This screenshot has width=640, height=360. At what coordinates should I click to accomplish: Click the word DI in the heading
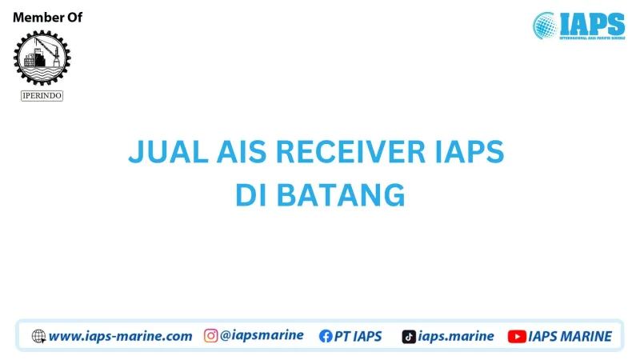click(253, 195)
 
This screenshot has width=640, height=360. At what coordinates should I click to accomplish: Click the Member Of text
click(47, 18)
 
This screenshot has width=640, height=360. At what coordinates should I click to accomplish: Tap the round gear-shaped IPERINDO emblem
click(42, 58)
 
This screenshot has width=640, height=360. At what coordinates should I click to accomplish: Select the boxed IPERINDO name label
click(42, 95)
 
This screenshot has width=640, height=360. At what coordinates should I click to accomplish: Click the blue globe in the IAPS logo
click(546, 25)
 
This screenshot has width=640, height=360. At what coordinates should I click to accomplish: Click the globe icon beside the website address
click(38, 336)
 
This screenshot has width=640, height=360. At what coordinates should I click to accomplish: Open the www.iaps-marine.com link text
click(120, 336)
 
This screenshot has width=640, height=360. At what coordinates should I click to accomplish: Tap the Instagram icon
click(210, 336)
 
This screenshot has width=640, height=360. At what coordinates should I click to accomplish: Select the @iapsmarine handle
click(262, 336)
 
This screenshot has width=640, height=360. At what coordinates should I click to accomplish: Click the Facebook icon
click(326, 336)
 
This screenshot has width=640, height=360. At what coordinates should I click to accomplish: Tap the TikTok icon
click(408, 336)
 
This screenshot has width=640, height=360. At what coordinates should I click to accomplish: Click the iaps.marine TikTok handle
click(456, 336)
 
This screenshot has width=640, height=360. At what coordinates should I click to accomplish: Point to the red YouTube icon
click(517, 336)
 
